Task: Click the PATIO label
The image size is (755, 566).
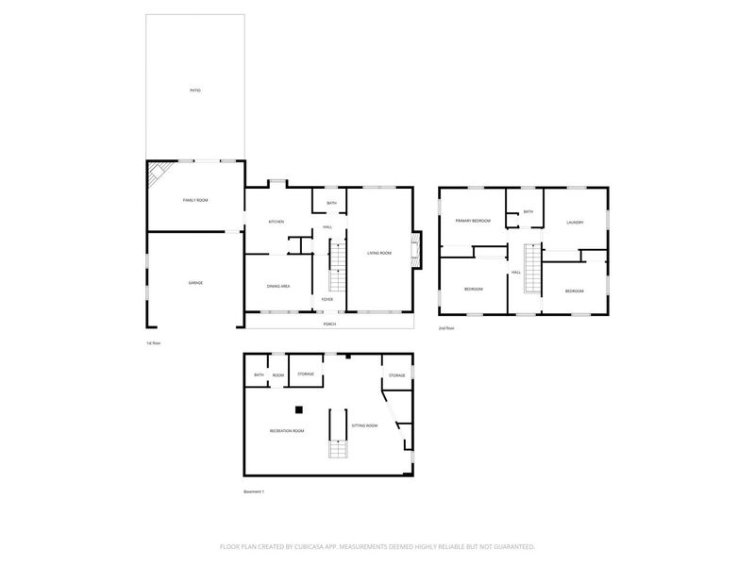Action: pyautogui.click(x=195, y=91)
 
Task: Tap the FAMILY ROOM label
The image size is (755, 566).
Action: pyautogui.click(x=195, y=201)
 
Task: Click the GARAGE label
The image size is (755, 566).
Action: pyautogui.click(x=195, y=283)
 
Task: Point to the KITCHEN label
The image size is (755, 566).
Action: pyautogui.click(x=277, y=222)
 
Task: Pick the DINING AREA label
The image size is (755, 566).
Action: pyautogui.click(x=277, y=286)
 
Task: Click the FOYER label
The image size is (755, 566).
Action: pyautogui.click(x=327, y=299)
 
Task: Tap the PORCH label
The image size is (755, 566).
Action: pyautogui.click(x=329, y=324)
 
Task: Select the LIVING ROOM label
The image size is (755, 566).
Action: pyautogui.click(x=379, y=252)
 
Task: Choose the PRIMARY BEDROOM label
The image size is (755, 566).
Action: pyautogui.click(x=473, y=221)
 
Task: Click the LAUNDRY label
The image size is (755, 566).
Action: pyautogui.click(x=576, y=223)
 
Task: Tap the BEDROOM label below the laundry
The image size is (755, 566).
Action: pyautogui.click(x=575, y=291)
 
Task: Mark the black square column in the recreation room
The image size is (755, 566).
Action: pyautogui.click(x=298, y=409)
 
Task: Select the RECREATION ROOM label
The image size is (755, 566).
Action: pyautogui.click(x=287, y=431)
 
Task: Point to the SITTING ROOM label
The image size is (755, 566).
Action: pyautogui.click(x=365, y=426)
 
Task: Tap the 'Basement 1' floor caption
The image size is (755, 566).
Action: pyautogui.click(x=255, y=492)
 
